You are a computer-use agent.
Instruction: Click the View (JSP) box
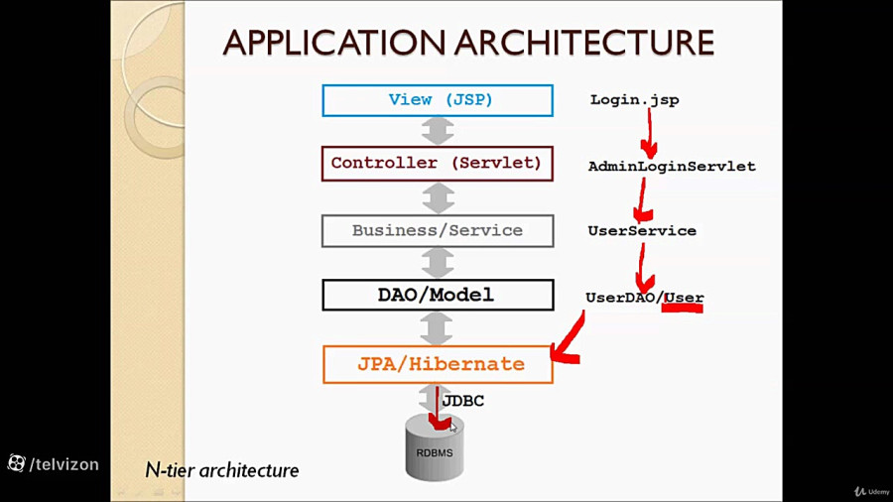click(437, 100)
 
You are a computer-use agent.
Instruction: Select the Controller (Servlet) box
click(437, 164)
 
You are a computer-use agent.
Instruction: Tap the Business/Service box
click(437, 231)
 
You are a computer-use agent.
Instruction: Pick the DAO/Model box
click(437, 295)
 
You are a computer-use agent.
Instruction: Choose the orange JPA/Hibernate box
click(437, 364)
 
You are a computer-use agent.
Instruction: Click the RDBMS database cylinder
click(435, 448)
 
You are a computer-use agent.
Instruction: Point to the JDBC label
click(462, 401)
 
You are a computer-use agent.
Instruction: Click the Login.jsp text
click(634, 100)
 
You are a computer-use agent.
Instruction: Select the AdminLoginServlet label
click(672, 167)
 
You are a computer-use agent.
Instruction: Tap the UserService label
click(642, 231)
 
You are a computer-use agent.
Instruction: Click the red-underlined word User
click(684, 298)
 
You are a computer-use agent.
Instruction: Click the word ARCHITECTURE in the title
click(585, 43)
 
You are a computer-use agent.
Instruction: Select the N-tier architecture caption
click(221, 470)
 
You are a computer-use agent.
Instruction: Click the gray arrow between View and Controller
click(438, 131)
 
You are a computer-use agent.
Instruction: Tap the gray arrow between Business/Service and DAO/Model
click(438, 263)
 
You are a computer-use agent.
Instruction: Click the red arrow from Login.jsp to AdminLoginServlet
click(650, 133)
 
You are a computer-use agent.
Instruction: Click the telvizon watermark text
click(64, 463)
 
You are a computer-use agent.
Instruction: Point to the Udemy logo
click(872, 491)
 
